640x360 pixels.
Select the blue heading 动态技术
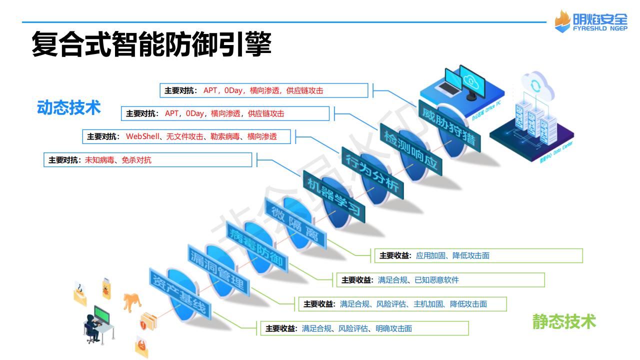[69, 107]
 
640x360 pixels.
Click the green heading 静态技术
[564, 321]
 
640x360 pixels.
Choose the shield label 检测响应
[411, 149]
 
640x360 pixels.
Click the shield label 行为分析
[372, 172]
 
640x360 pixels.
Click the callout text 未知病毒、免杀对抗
[118, 160]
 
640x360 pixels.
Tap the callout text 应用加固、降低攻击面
[452, 255]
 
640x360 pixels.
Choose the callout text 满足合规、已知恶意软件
[418, 280]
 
